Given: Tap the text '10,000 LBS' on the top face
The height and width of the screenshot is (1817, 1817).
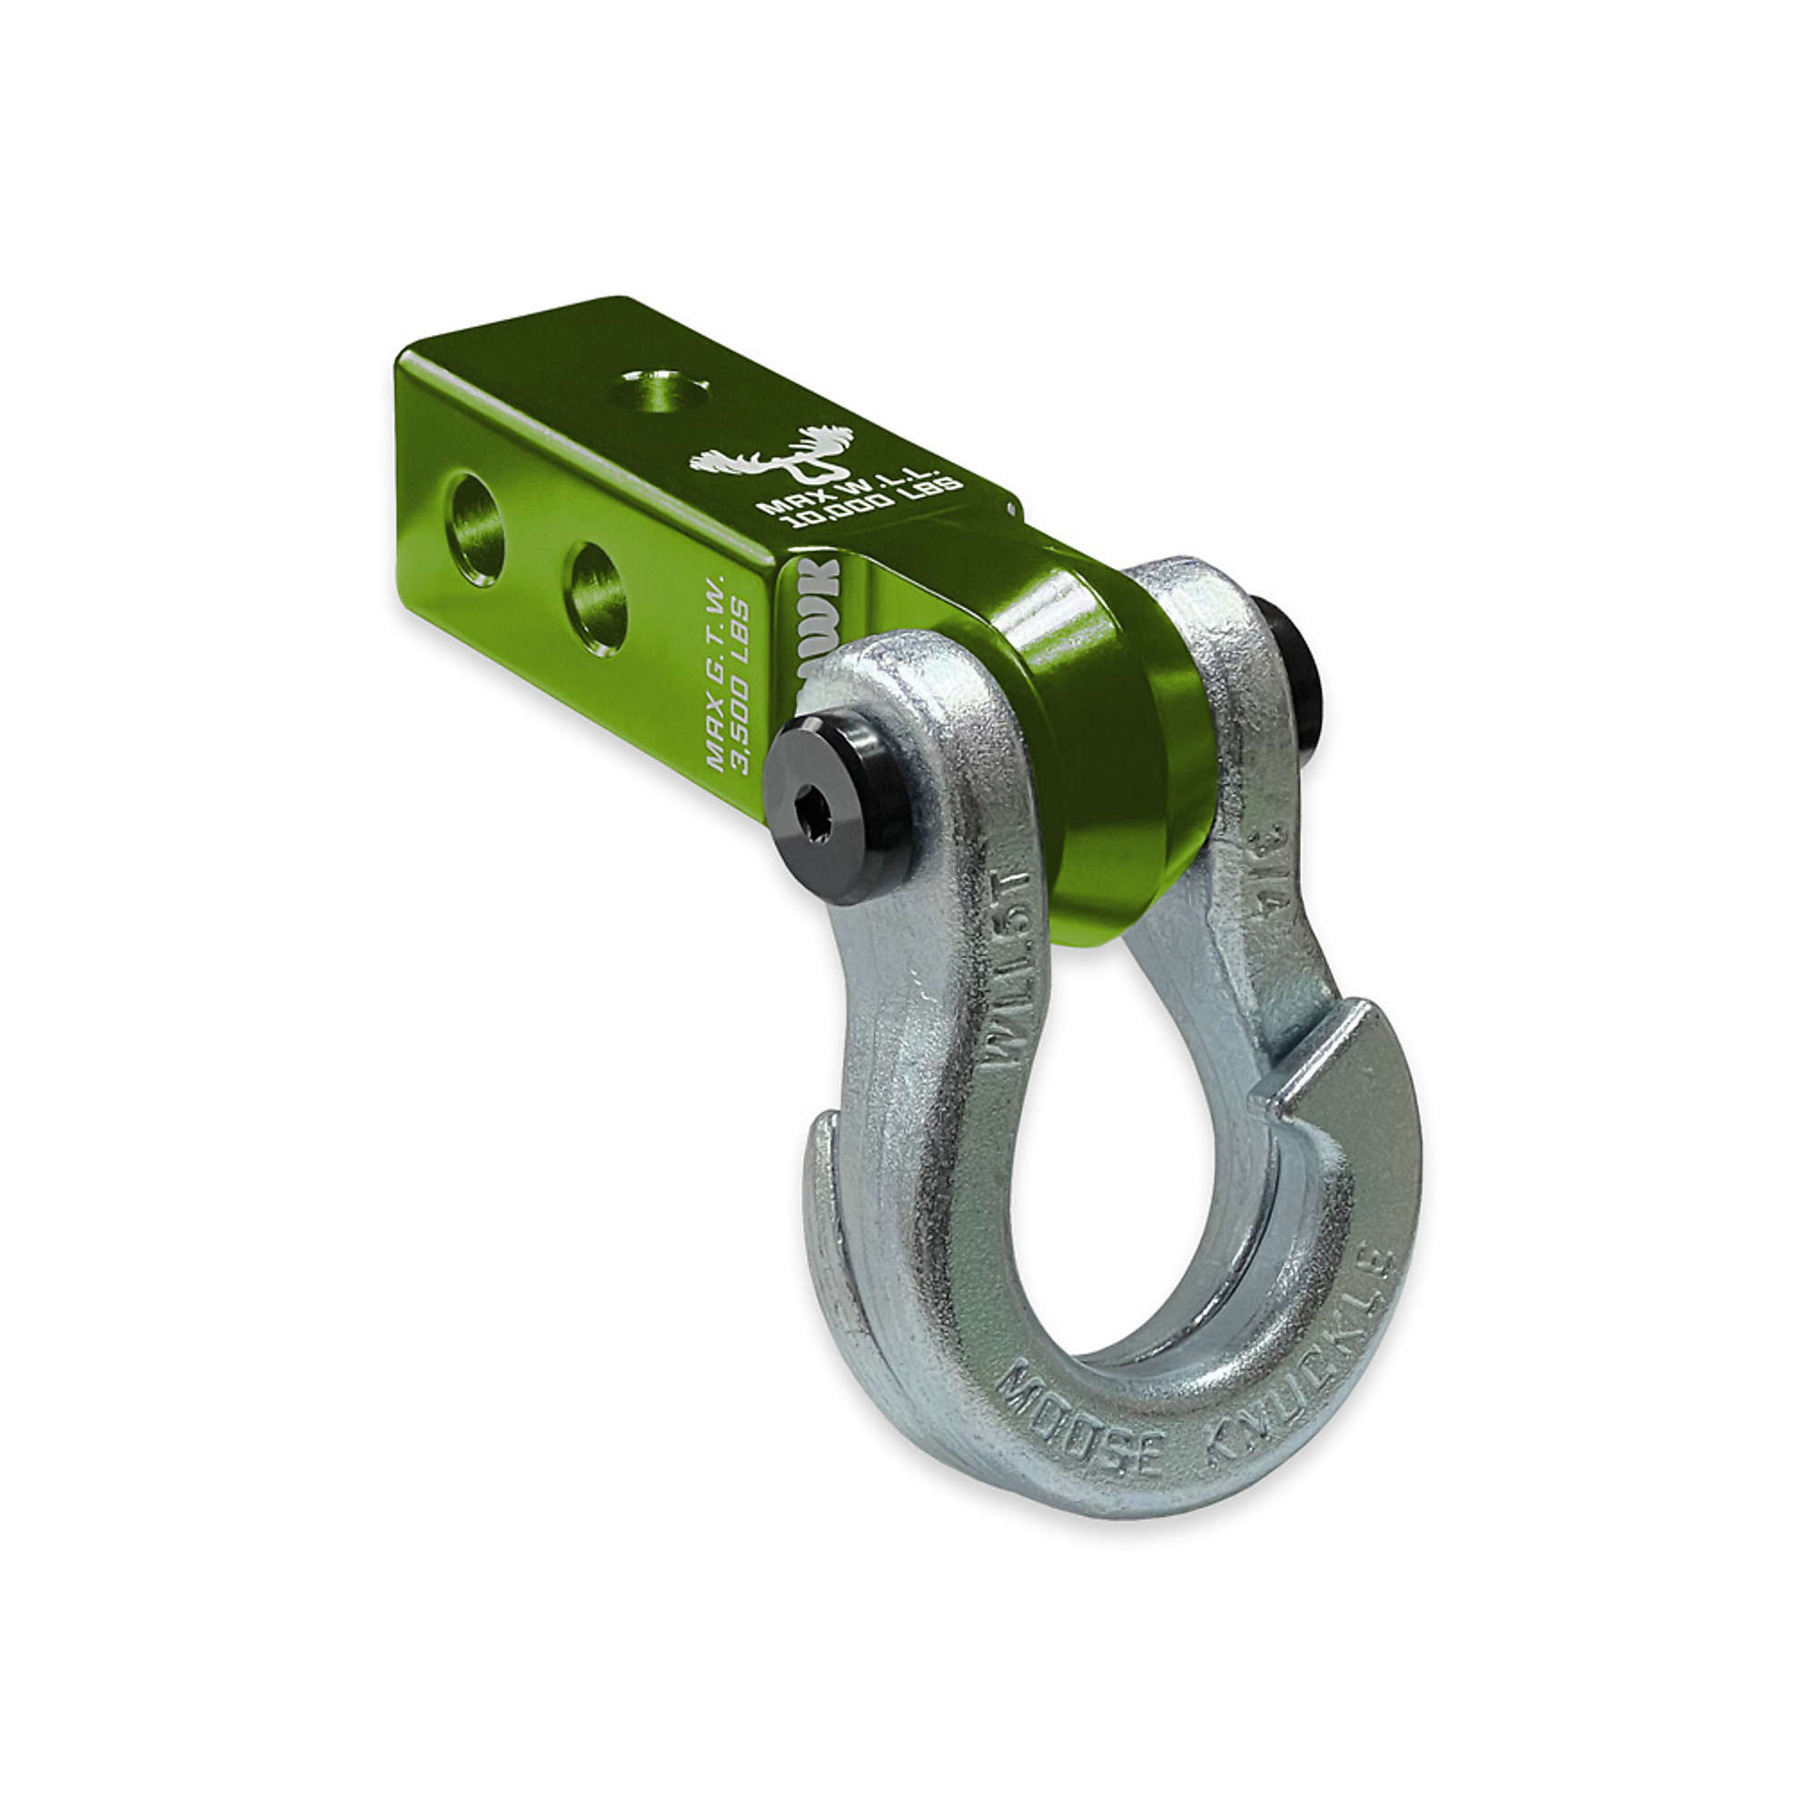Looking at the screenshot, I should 878,499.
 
